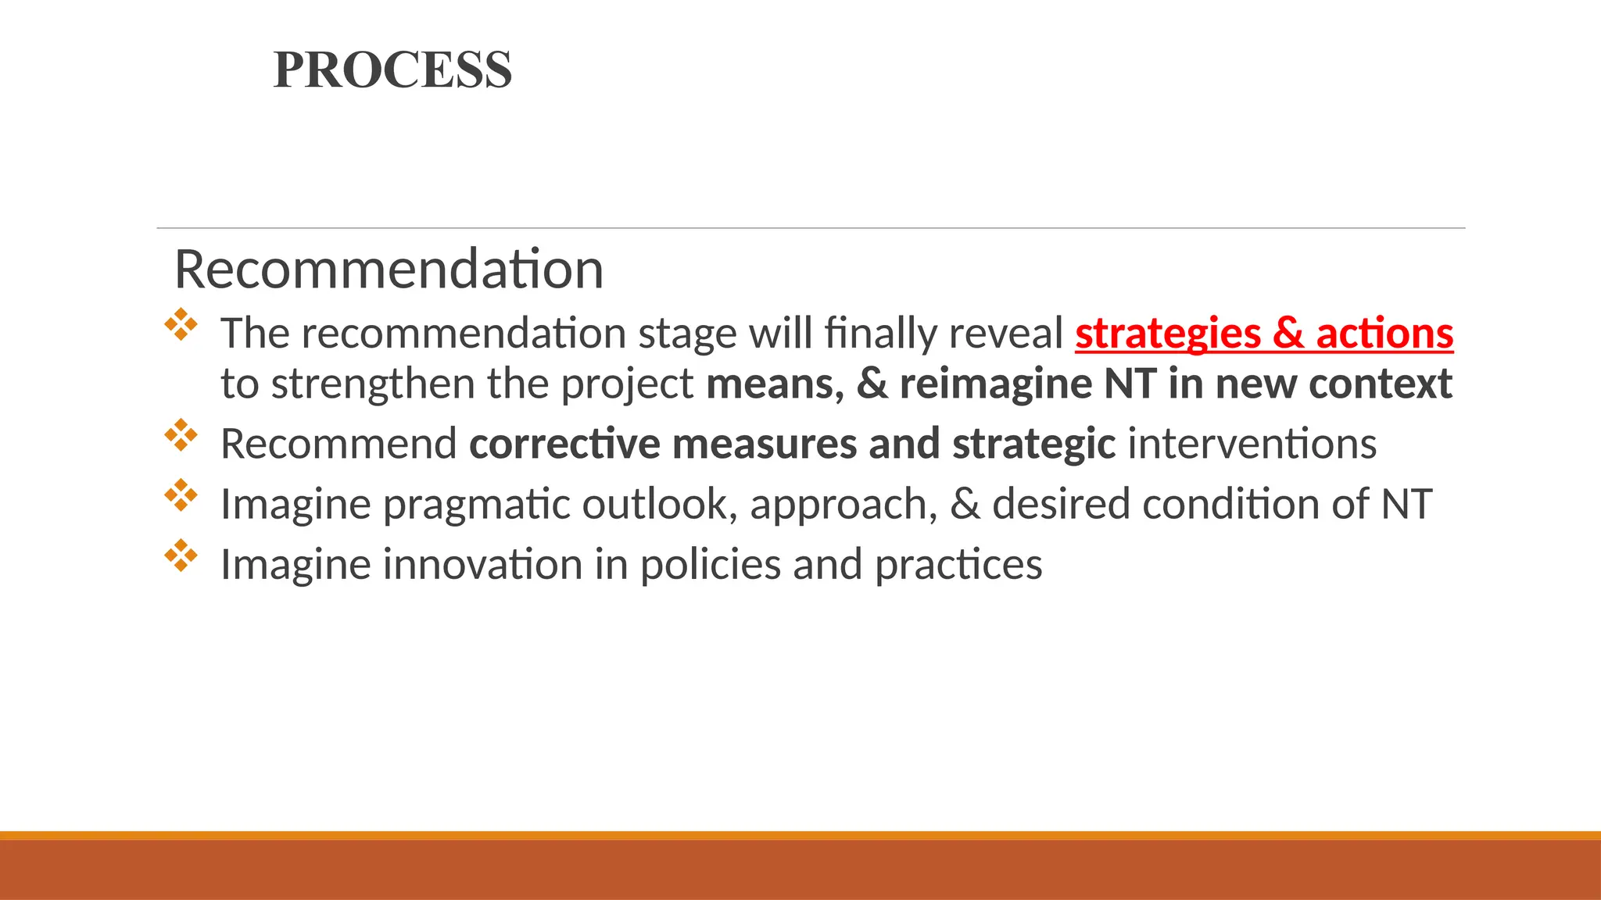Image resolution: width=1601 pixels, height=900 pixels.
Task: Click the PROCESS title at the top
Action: (392, 70)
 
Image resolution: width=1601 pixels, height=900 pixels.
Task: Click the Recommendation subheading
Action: (389, 269)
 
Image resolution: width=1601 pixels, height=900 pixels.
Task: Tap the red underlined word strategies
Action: (1167, 334)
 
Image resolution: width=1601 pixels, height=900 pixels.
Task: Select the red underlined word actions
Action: (1384, 334)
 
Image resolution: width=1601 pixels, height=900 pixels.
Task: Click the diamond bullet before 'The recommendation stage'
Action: (181, 324)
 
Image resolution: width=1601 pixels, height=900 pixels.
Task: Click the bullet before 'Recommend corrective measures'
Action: (181, 435)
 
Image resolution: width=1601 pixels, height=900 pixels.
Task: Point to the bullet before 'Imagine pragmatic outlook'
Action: (181, 495)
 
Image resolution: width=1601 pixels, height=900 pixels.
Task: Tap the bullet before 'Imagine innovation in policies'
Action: (181, 555)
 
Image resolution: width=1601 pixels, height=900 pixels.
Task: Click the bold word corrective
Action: (564, 444)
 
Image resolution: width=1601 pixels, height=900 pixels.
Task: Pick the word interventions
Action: (1252, 444)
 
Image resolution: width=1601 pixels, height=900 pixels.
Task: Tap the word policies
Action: (710, 564)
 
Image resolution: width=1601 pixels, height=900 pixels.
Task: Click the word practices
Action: (958, 564)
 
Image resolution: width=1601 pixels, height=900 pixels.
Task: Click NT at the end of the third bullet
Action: (1406, 504)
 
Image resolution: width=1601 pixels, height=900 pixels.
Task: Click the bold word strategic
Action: (1033, 444)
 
